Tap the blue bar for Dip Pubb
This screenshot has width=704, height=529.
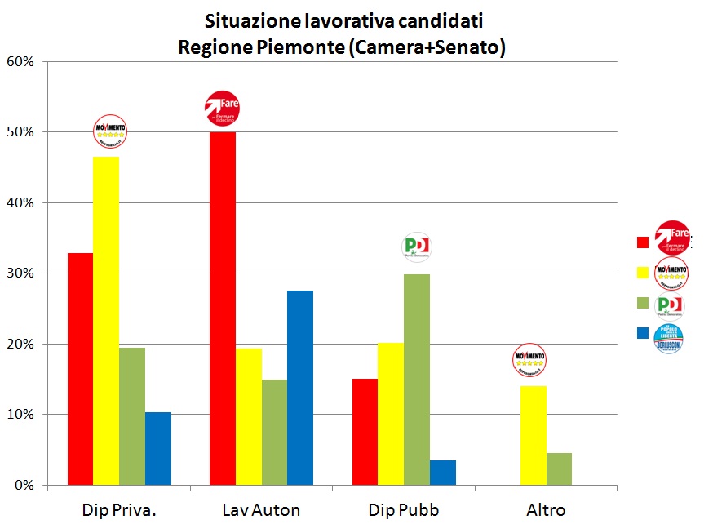click(443, 473)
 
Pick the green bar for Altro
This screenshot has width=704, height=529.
click(559, 469)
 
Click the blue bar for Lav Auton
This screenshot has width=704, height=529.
click(300, 388)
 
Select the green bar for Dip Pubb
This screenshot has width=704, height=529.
click(417, 380)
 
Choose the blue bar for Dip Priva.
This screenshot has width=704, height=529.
click(158, 448)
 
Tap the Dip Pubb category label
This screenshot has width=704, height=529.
click(404, 511)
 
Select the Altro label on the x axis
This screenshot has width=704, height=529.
click(546, 511)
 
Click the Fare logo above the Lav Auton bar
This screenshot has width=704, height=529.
click(222, 109)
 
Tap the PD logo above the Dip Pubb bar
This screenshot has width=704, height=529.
click(417, 247)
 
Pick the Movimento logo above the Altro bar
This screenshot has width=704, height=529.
click(529, 359)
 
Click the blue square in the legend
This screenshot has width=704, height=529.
click(643, 333)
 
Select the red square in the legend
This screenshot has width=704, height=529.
click(643, 242)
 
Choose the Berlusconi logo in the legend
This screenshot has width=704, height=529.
click(669, 338)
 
